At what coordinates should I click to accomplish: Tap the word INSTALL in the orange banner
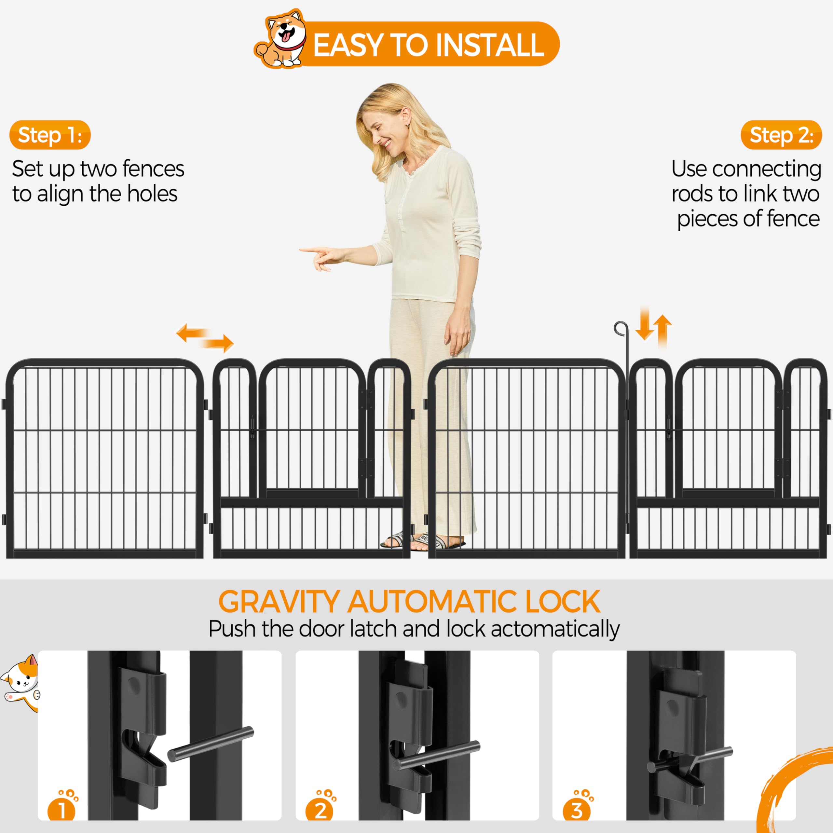490,45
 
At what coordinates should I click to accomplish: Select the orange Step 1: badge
50,135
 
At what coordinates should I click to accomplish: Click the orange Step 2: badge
781,135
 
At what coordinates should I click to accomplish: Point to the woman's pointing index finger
311,250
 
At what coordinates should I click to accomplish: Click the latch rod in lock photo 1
211,744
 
